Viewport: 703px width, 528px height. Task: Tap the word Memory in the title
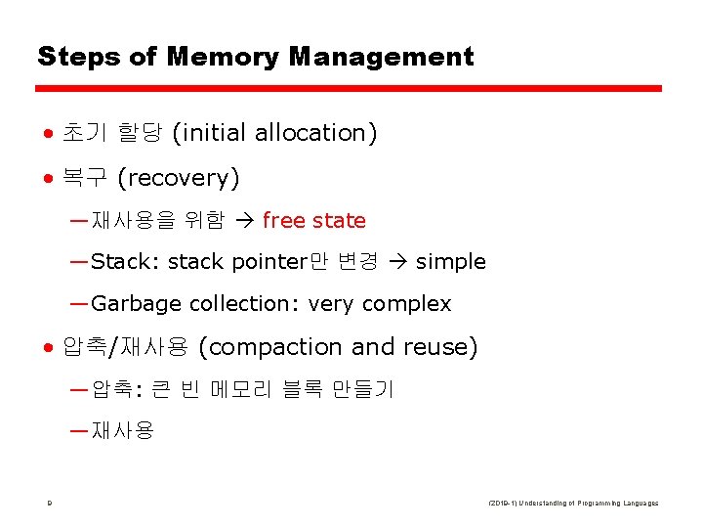coord(224,57)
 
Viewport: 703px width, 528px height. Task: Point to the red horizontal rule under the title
coord(349,89)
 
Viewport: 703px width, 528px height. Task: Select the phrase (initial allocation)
coord(274,133)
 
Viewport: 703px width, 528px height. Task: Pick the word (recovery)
coord(178,178)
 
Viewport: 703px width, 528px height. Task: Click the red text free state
coord(313,221)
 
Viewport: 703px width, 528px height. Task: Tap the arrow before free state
coord(245,221)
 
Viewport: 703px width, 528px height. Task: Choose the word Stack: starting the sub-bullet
coord(126,262)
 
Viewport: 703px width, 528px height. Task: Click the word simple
coord(450,262)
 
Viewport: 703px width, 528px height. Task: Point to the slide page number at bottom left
coord(48,504)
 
